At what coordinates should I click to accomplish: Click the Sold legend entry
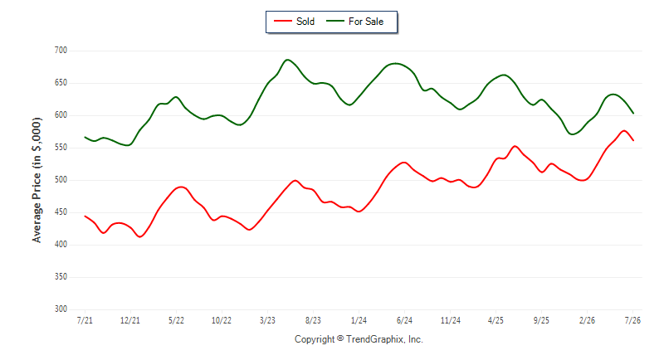[295, 22]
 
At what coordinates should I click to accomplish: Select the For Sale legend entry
[355, 22]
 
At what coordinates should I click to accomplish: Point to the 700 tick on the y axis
[61, 51]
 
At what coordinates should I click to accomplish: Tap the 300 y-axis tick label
[61, 309]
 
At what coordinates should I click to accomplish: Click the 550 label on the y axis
[61, 148]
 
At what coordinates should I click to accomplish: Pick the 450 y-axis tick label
[61, 212]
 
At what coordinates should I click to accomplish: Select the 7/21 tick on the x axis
[85, 320]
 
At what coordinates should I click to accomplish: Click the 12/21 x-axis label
[130, 320]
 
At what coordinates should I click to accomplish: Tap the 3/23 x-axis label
[267, 320]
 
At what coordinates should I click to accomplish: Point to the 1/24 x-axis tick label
[359, 320]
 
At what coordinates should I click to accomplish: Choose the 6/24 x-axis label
[404, 320]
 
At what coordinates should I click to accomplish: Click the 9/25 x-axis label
[541, 320]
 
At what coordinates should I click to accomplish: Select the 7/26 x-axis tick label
[632, 320]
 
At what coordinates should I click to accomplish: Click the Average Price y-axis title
[37, 180]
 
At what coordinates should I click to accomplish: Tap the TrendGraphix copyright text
[359, 339]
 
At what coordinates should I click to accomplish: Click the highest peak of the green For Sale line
[287, 60]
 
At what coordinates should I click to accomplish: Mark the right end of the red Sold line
[633, 140]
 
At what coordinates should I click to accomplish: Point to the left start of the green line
[85, 137]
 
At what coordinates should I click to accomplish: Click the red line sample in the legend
[282, 21]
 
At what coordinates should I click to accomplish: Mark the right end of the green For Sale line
[633, 114]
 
